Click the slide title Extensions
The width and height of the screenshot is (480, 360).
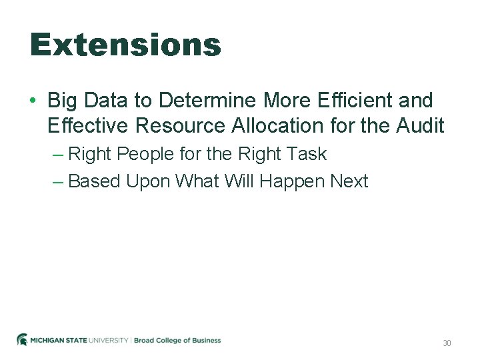(125, 45)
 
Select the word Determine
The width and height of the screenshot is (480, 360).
(207, 101)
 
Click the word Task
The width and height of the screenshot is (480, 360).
(307, 154)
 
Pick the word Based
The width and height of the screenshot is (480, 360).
(94, 181)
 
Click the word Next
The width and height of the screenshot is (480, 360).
(347, 181)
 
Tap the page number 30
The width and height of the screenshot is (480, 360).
(447, 343)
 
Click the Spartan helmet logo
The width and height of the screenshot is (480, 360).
(22, 340)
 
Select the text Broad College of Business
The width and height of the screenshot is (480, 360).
(177, 341)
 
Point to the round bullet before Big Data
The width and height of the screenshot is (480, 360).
(33, 101)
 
